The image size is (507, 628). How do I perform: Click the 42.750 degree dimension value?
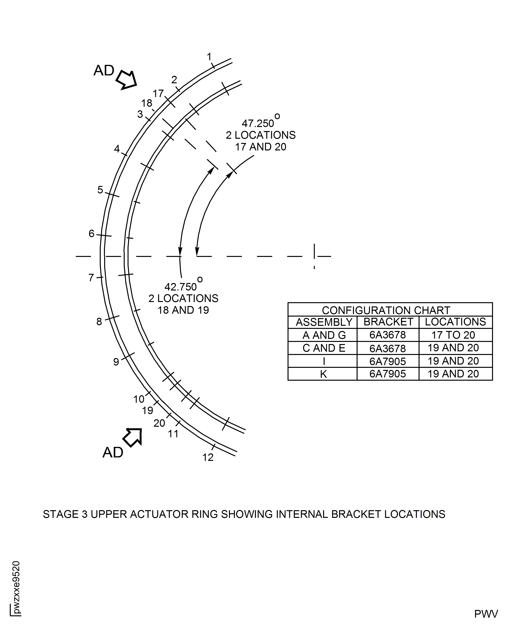coord(181,287)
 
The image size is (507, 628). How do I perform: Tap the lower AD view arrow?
coord(133,437)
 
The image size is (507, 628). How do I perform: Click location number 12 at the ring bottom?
coord(208,457)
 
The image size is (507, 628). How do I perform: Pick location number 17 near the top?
coord(158,93)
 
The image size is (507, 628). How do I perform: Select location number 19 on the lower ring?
coord(148,410)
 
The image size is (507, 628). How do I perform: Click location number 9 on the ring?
coord(116,362)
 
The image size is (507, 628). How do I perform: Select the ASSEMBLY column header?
coord(324,322)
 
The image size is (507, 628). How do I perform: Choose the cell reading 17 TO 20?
coord(453,335)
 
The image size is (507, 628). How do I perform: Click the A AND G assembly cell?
coord(324,335)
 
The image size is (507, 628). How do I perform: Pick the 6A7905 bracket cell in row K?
coord(387,374)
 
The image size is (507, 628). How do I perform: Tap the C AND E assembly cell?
coord(324,348)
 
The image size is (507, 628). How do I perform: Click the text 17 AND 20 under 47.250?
coord(261,147)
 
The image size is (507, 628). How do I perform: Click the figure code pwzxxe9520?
coord(16,587)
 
